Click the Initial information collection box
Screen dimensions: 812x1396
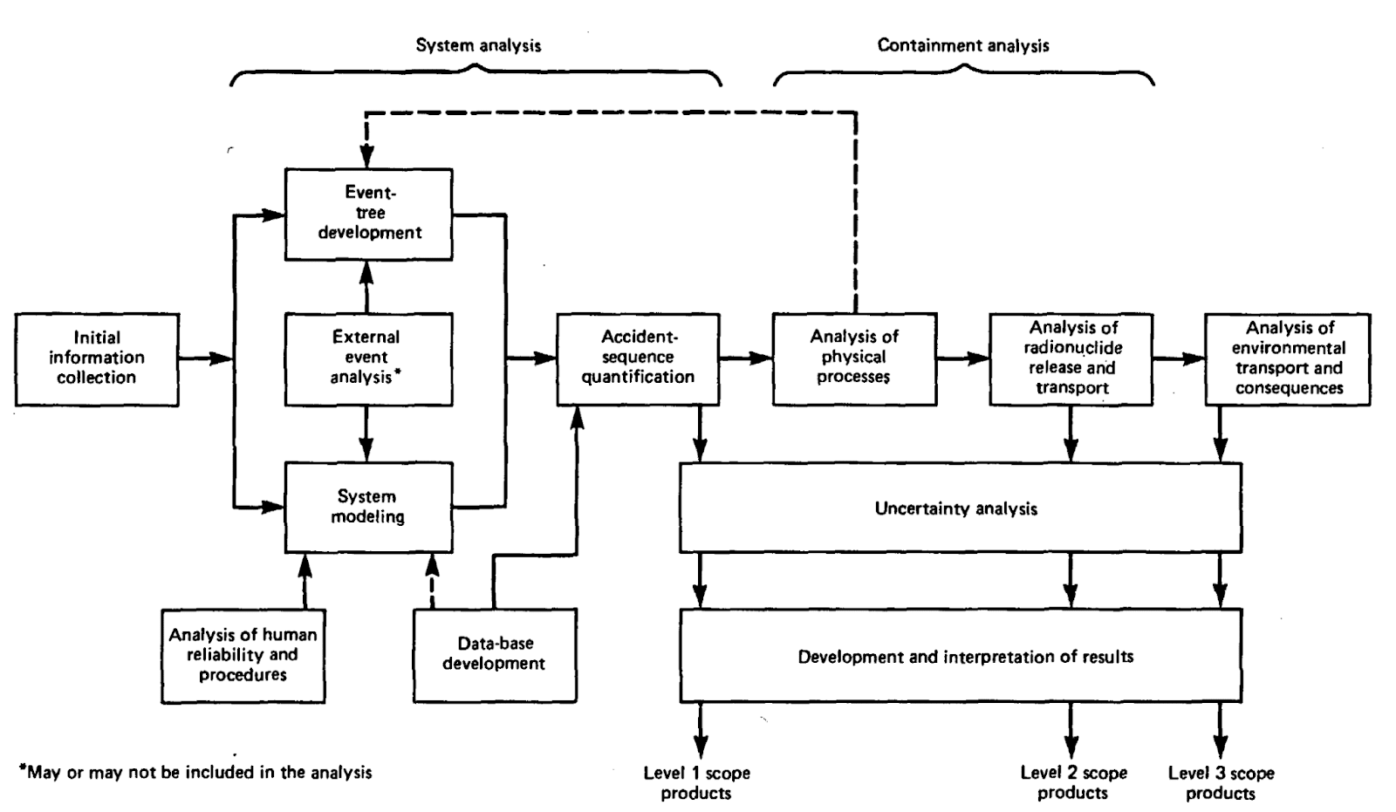(x=97, y=358)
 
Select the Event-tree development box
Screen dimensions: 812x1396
(x=368, y=214)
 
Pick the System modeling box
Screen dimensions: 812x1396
(x=368, y=507)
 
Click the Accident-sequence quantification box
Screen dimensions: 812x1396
(x=638, y=358)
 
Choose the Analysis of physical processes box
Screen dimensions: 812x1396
(x=854, y=358)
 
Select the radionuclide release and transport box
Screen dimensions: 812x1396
(x=1071, y=358)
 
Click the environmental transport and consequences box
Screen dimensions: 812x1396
(x=1287, y=358)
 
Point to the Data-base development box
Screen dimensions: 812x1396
(x=494, y=655)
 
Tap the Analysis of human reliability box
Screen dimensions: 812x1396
(x=243, y=655)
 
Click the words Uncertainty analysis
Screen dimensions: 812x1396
(x=956, y=508)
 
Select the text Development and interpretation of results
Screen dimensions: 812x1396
(x=965, y=657)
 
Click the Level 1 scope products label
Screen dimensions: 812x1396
(x=696, y=782)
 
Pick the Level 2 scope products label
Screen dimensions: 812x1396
(x=1073, y=782)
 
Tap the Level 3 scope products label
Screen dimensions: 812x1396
(x=1221, y=782)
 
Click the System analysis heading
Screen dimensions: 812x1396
(x=477, y=45)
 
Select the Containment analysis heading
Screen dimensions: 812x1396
(x=962, y=45)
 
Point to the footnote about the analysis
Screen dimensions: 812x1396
(x=195, y=772)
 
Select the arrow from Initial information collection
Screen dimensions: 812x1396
(x=206, y=358)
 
